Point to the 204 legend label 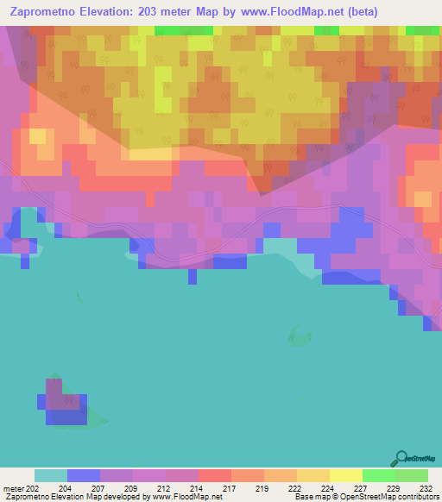click(66, 487)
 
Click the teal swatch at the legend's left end click(50, 475)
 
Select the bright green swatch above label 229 click(378, 475)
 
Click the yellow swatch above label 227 click(345, 475)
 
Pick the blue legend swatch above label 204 click(83, 475)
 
